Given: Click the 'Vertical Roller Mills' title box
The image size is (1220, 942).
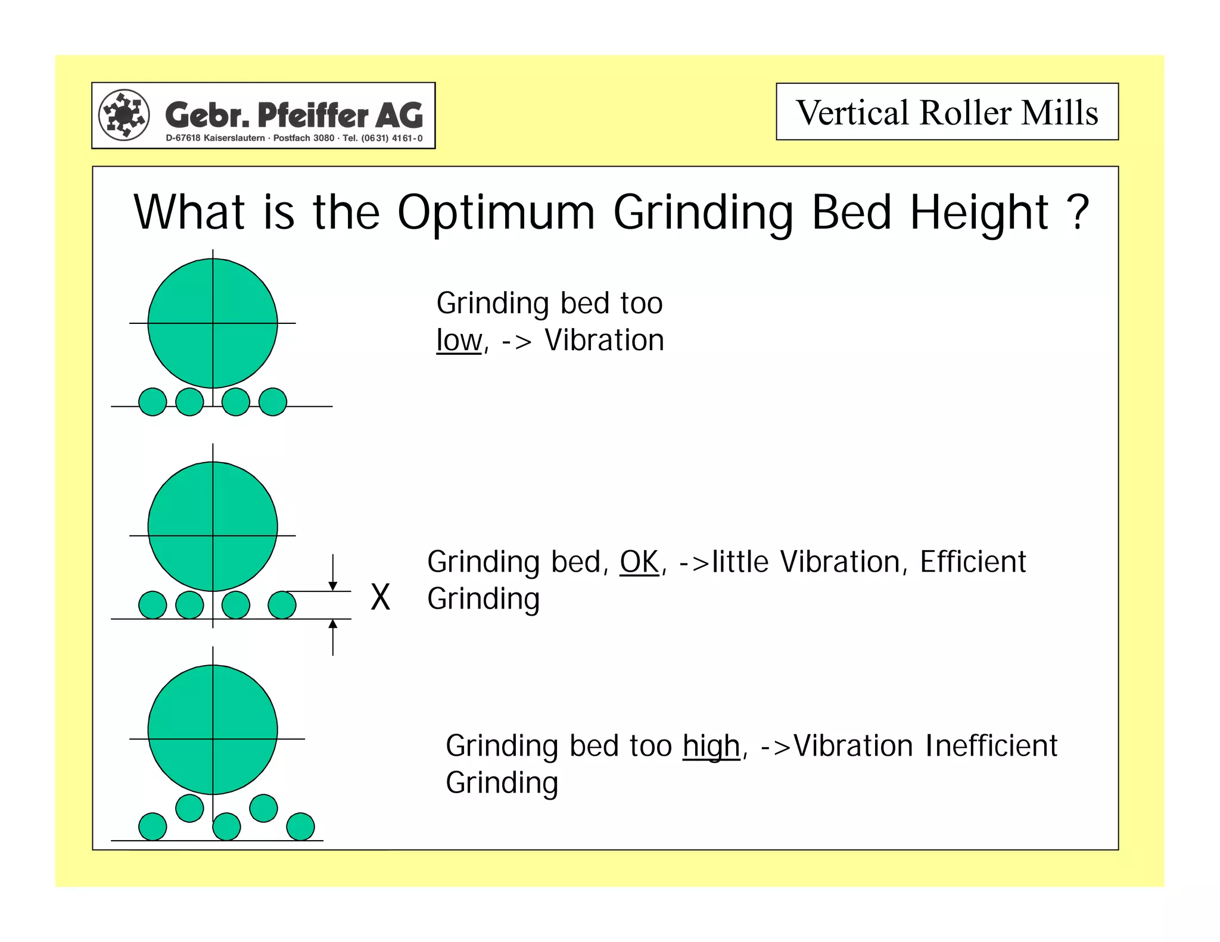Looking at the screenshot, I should [x=947, y=112].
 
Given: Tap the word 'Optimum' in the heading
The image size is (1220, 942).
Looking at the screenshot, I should [x=496, y=213].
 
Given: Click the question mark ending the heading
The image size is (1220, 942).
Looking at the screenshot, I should [x=1078, y=213].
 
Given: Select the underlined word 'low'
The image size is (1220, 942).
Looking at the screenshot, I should [x=459, y=341].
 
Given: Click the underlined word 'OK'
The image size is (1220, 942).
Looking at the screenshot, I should [x=639, y=562].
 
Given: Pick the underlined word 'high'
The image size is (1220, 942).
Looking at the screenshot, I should [x=711, y=746].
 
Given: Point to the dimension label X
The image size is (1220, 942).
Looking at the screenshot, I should [x=380, y=597].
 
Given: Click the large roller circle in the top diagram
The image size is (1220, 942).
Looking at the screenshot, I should [x=213, y=323].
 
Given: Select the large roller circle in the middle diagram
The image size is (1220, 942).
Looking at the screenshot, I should [x=213, y=526].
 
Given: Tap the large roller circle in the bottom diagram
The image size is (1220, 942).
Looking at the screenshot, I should [x=213, y=729].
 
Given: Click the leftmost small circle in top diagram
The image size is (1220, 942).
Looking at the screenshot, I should [x=152, y=402].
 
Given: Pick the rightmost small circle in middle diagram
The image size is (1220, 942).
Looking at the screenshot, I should [x=282, y=605].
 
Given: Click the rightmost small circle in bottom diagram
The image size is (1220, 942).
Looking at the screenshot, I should [x=300, y=826].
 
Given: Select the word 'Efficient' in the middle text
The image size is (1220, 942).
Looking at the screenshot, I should [x=973, y=562].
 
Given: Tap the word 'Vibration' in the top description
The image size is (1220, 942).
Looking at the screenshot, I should [x=604, y=341].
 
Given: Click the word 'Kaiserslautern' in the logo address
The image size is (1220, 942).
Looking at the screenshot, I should [x=234, y=138].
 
